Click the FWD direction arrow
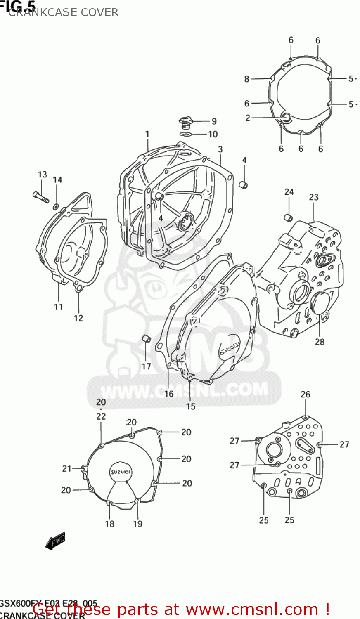point(55,541)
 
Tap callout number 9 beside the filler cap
point(214,121)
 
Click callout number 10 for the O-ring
point(213,134)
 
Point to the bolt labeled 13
point(40,197)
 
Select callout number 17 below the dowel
point(146,366)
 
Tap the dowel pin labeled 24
point(288,217)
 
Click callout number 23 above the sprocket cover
point(314,197)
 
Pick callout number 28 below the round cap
point(320,342)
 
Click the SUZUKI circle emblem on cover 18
point(121,472)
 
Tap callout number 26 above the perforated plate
point(305,395)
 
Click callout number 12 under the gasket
point(78,318)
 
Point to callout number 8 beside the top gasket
point(246,79)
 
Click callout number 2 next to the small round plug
point(248,118)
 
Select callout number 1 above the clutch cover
point(147,134)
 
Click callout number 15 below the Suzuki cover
point(190,406)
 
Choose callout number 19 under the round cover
point(137,524)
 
